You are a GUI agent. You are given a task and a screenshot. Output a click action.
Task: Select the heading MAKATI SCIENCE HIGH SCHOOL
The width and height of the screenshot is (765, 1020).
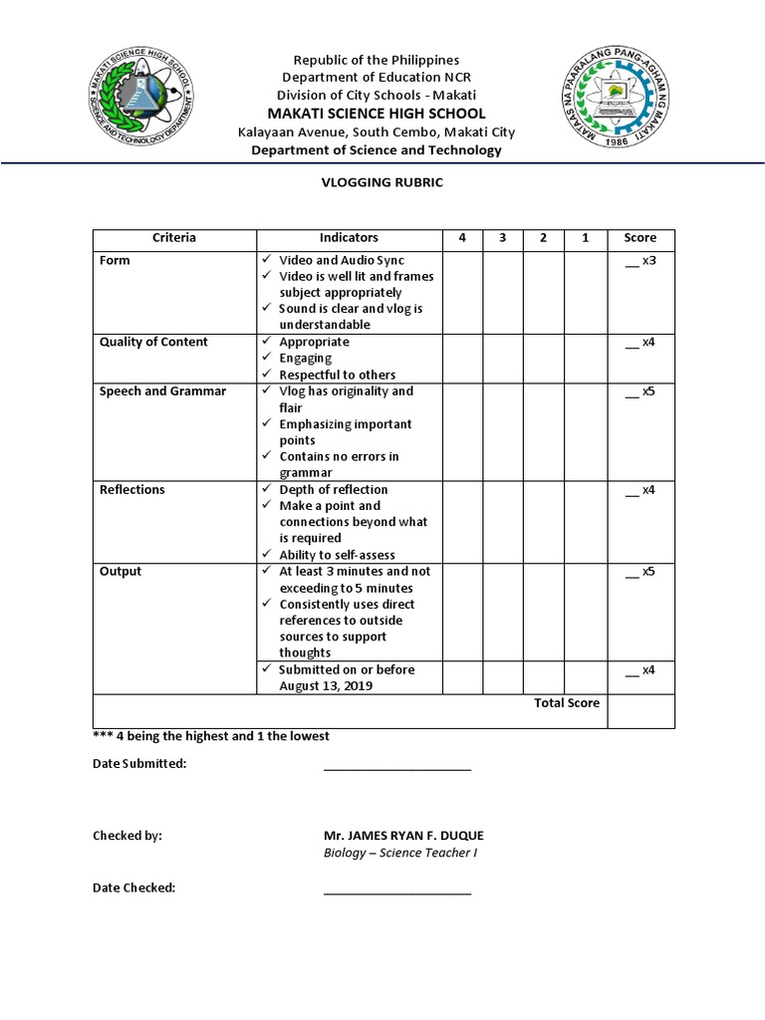(382, 114)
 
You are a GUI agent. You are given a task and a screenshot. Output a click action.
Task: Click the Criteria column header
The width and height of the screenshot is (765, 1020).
(174, 238)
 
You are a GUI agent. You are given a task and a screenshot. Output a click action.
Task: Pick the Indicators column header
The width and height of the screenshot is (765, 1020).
(349, 238)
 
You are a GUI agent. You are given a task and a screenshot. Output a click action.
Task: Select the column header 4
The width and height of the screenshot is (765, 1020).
(462, 238)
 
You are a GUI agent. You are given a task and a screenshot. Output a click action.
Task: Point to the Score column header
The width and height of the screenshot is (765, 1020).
(640, 238)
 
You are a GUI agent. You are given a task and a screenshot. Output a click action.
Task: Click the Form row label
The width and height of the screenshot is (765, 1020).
(115, 260)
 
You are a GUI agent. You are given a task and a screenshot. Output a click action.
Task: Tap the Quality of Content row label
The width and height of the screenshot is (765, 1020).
(153, 342)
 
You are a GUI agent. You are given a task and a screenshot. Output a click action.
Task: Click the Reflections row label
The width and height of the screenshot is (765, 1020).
(132, 490)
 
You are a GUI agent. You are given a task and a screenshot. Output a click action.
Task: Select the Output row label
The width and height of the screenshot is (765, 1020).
(121, 572)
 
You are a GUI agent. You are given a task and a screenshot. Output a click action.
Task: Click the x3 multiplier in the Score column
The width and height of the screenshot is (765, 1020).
(647, 260)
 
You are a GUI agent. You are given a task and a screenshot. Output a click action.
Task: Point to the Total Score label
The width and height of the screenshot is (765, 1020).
(567, 703)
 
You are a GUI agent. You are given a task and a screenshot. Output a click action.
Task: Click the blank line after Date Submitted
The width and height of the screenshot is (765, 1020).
(396, 767)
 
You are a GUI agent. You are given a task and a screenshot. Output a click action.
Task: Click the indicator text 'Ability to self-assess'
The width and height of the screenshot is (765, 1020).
(337, 555)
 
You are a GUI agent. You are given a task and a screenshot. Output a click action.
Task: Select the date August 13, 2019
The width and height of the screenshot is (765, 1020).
(334, 686)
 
